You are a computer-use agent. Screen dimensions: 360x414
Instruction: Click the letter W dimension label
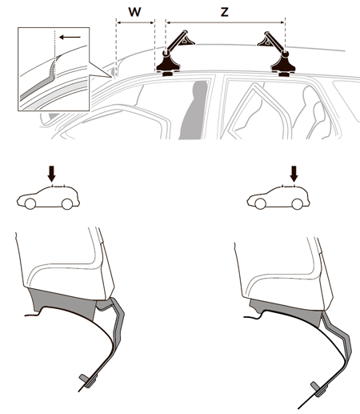[134, 12]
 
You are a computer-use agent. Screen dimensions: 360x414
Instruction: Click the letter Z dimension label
[225, 12]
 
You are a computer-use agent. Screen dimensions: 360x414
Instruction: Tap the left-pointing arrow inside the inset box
[70, 37]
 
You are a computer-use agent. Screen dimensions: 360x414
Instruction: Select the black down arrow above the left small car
[52, 174]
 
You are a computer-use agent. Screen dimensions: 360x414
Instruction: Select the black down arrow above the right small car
[294, 174]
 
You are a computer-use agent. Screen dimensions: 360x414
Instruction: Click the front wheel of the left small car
[30, 204]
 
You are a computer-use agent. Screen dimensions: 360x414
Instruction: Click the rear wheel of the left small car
[67, 204]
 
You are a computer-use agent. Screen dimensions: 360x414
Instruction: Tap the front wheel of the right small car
[260, 204]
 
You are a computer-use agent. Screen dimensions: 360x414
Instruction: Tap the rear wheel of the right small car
[298, 204]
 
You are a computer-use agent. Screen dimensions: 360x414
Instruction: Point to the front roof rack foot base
[168, 66]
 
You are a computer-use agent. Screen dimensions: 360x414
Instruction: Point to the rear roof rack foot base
[283, 66]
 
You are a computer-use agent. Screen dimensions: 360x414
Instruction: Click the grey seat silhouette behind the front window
[194, 110]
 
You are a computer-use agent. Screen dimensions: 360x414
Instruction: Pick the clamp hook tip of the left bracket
[83, 378]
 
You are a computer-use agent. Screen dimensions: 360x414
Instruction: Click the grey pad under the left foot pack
[63, 303]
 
